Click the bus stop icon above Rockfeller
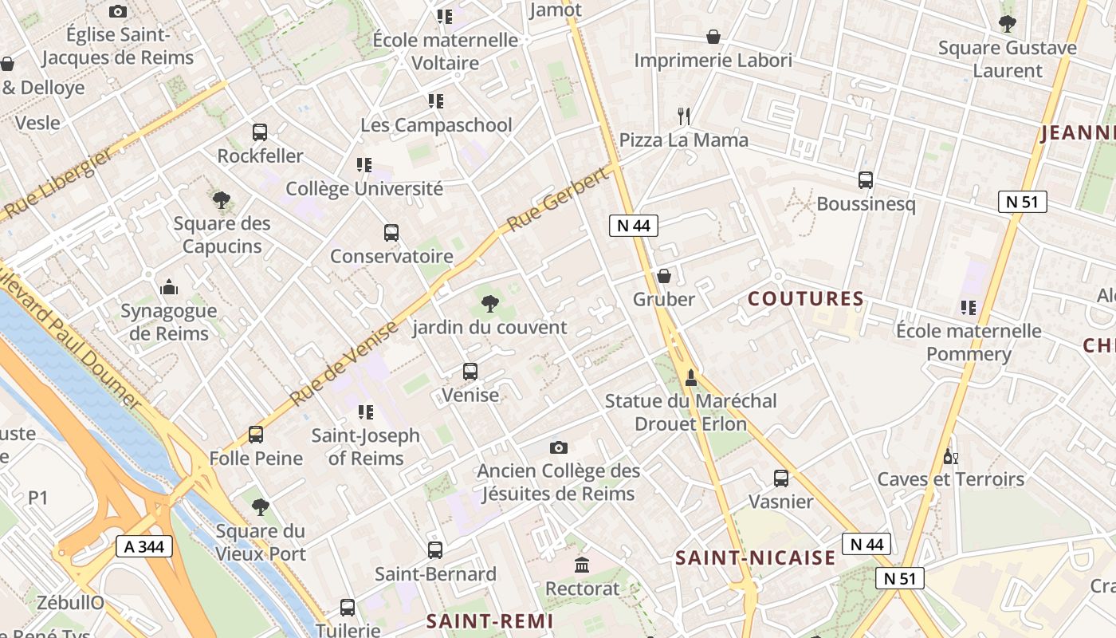[x=259, y=132]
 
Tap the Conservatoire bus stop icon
[x=391, y=233]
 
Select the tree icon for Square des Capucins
[x=221, y=200]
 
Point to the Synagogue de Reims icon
[x=168, y=287]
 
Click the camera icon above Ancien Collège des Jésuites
[x=559, y=447]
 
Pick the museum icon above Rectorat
[x=582, y=565]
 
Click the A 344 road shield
[x=144, y=546]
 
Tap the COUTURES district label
[x=806, y=299]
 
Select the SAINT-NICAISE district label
[x=755, y=558]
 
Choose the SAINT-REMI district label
[x=489, y=621]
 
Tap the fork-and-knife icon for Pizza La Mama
[x=683, y=116]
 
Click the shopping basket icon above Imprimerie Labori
[x=713, y=37]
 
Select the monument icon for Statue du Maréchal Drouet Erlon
[x=690, y=377]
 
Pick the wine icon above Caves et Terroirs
[x=949, y=456]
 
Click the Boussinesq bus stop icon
[x=866, y=180]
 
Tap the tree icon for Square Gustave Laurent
[x=1007, y=24]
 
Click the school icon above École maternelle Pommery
[x=969, y=307]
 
